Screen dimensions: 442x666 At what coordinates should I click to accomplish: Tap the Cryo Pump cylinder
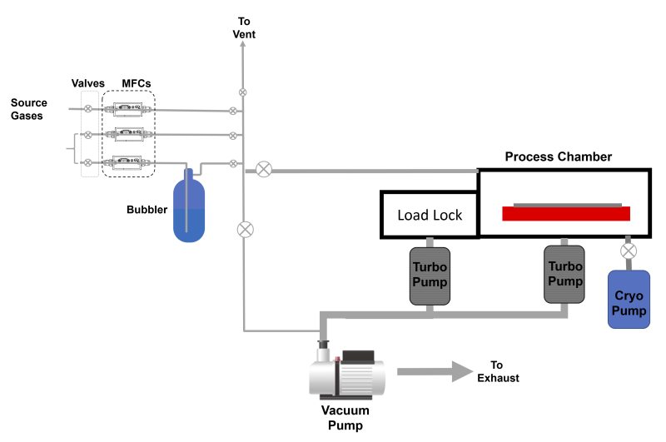coord(629,299)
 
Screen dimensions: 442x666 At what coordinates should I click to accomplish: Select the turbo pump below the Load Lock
coord(430,276)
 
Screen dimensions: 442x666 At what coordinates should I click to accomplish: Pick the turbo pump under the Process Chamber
coord(565,275)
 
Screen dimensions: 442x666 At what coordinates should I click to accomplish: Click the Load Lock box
coord(429,216)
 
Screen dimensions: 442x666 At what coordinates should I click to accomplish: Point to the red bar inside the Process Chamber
coord(566,214)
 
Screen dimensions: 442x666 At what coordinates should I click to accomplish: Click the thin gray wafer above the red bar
coord(567,203)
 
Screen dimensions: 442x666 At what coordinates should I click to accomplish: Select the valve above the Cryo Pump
coord(629,251)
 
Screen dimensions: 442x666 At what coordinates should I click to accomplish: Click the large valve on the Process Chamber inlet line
coord(263,170)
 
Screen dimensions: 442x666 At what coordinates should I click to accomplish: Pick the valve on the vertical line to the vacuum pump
coord(244,228)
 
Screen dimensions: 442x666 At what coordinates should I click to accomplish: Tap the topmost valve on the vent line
coord(243,91)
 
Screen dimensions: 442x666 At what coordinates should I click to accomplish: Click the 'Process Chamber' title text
coord(559,156)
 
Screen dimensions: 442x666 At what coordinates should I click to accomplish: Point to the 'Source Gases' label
coord(28,109)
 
